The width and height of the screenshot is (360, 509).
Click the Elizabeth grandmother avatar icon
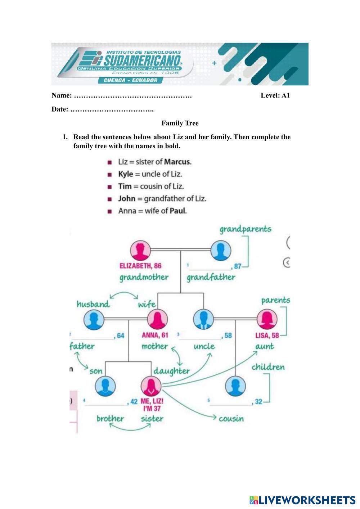(x=141, y=251)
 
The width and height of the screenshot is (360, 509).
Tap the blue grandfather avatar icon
(x=221, y=251)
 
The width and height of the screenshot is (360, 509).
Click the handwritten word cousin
(x=231, y=418)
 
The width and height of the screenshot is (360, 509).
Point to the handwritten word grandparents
(x=246, y=229)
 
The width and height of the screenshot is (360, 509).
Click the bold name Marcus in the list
(x=177, y=162)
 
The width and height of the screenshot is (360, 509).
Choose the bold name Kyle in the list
(x=126, y=174)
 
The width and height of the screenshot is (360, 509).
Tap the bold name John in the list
(x=127, y=199)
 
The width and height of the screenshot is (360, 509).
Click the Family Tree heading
(x=180, y=123)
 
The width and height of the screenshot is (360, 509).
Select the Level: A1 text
(x=275, y=95)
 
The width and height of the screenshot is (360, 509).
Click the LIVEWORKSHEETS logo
(x=302, y=500)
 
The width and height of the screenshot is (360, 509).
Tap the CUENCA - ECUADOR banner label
(x=130, y=80)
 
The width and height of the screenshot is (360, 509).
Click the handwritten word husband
(x=93, y=304)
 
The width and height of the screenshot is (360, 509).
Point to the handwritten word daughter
(x=171, y=371)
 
